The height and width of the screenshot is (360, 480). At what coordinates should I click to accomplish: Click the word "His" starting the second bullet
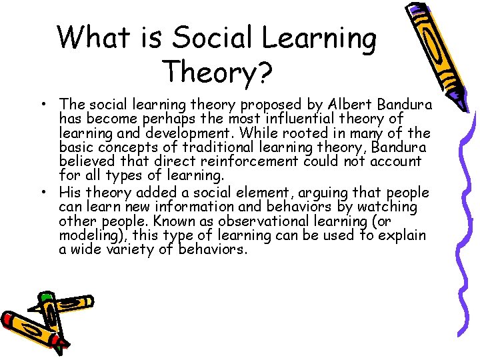point(71,193)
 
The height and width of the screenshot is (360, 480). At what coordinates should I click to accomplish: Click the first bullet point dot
point(43,104)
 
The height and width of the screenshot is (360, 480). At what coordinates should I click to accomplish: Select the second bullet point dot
point(43,192)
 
